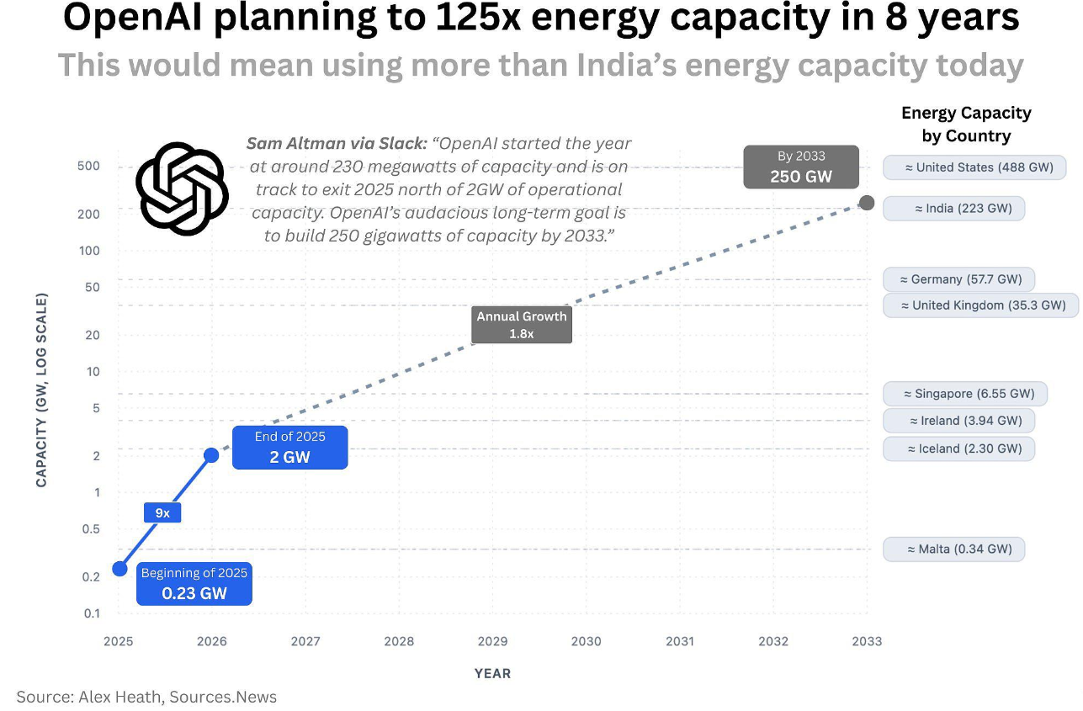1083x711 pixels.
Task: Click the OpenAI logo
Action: click(x=183, y=188)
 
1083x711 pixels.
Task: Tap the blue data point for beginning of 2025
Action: click(x=119, y=569)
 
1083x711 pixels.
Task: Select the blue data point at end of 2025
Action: click(x=211, y=455)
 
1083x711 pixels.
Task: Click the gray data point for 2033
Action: click(x=867, y=203)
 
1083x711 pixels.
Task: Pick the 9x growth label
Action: click(x=162, y=512)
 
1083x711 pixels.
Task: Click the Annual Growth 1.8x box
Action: click(x=522, y=325)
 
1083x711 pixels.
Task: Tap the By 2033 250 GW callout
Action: click(x=801, y=167)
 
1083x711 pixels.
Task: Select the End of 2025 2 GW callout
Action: click(x=290, y=447)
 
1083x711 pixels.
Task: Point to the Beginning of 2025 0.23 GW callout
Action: click(x=194, y=583)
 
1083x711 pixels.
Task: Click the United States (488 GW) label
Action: click(x=974, y=167)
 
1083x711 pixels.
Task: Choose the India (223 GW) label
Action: click(x=954, y=209)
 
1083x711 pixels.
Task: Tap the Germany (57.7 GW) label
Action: click(x=959, y=279)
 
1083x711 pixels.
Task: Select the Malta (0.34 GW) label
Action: click(x=954, y=549)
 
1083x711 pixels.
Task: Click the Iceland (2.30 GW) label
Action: click(x=959, y=448)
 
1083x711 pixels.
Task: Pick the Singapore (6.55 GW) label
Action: click(x=965, y=394)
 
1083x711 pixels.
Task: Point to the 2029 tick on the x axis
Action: click(x=492, y=641)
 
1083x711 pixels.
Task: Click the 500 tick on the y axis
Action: click(x=88, y=166)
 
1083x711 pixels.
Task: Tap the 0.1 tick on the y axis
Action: click(x=92, y=613)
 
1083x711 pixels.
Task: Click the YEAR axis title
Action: click(x=492, y=673)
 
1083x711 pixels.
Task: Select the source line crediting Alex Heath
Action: click(x=146, y=697)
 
